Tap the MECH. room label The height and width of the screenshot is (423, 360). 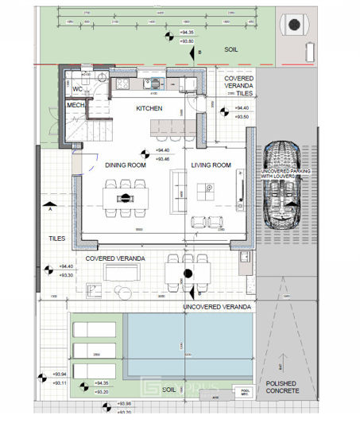[75, 105]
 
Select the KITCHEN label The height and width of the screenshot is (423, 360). [149, 107]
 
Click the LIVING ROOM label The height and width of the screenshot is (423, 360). [211, 165]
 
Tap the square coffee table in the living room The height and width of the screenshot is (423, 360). [210, 188]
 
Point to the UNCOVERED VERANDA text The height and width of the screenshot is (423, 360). [217, 306]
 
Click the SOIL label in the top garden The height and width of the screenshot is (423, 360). [230, 49]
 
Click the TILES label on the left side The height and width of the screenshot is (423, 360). [56, 237]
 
